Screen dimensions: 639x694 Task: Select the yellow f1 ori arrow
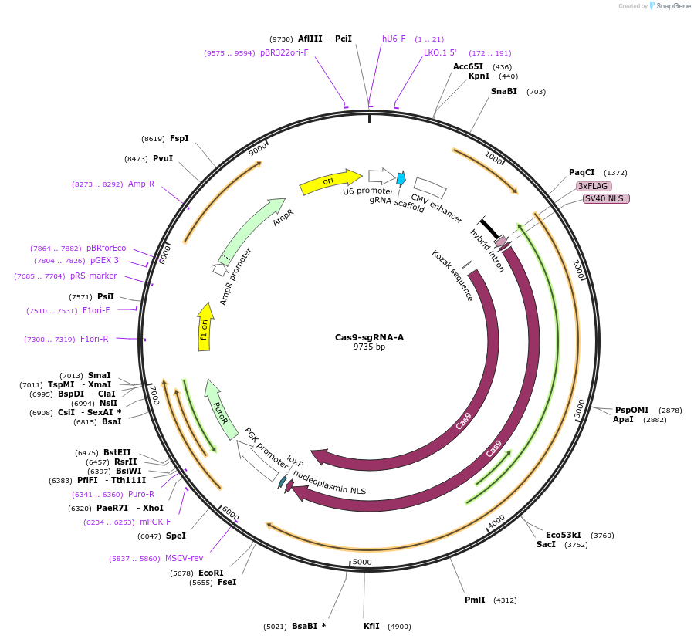tap(205, 327)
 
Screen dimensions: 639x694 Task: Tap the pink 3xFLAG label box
tap(594, 186)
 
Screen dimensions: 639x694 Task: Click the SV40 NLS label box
tap(606, 198)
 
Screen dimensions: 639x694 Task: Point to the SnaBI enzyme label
tap(504, 91)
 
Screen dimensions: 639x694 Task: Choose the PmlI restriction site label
tap(475, 600)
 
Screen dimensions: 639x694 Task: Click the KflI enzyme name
tap(371, 626)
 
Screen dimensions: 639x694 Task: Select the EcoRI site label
tap(211, 573)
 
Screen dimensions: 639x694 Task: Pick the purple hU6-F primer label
tap(394, 39)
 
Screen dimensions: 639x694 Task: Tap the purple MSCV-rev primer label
tap(184, 558)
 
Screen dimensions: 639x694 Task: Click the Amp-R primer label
tap(141, 184)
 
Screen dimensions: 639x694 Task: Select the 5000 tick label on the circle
tap(362, 562)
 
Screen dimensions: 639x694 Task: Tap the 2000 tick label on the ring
tap(577, 268)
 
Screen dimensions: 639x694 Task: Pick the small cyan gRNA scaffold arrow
tap(401, 179)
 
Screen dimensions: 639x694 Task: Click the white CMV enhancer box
tap(429, 188)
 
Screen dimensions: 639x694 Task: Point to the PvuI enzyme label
tap(163, 158)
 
